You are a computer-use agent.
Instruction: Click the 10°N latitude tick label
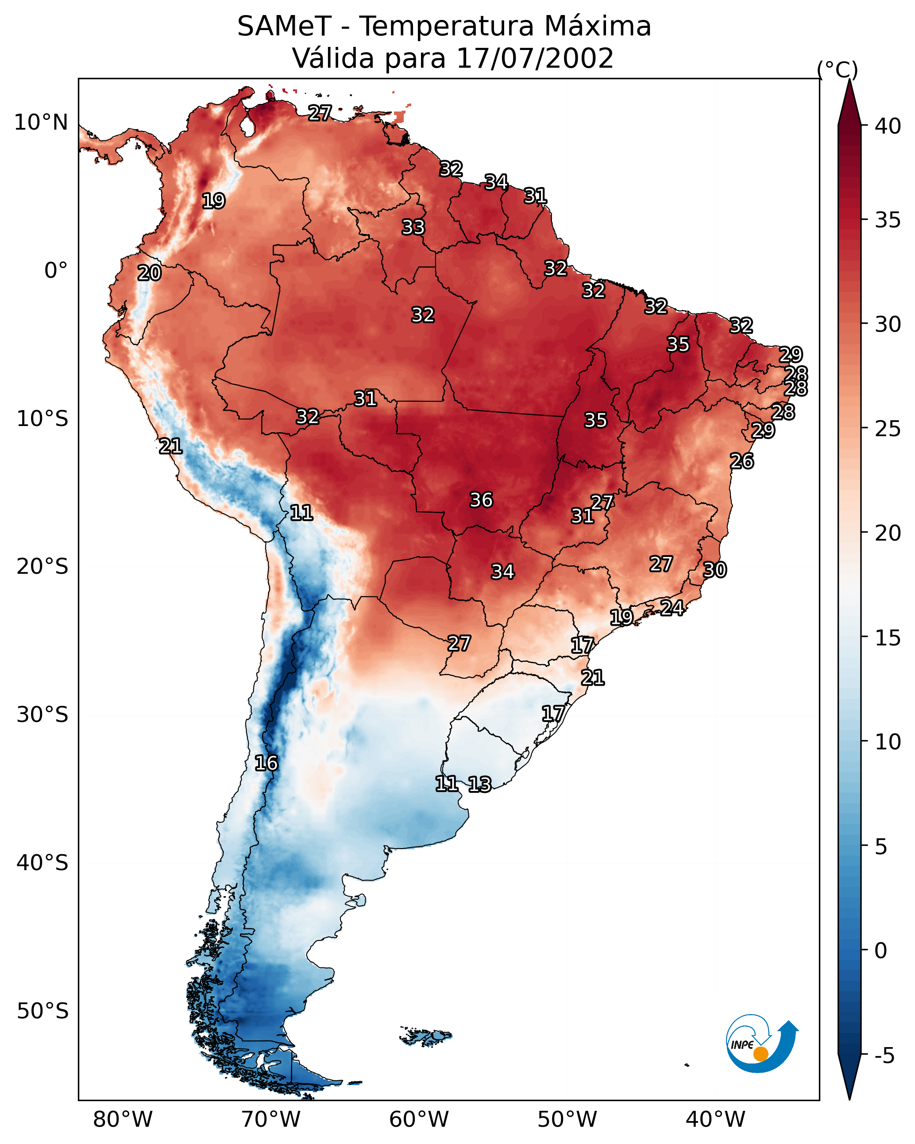tap(41, 123)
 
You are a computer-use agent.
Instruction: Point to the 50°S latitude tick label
tap(42, 1011)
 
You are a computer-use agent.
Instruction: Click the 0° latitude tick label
tap(56, 271)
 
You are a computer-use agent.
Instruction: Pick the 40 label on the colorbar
tap(888, 126)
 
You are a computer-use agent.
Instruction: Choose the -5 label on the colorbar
tap(884, 1056)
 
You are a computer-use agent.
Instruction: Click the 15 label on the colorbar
tap(888, 638)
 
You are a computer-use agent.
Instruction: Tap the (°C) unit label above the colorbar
tap(838, 69)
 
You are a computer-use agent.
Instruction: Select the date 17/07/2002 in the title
tap(535, 58)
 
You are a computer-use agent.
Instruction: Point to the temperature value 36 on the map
tap(481, 500)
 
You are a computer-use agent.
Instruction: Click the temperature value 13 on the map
tap(479, 784)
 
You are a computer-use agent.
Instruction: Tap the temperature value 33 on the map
tap(413, 227)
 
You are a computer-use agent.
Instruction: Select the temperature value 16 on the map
tap(266, 763)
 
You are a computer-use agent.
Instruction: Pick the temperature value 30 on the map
tap(715, 570)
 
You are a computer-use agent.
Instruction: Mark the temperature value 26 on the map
tap(742, 461)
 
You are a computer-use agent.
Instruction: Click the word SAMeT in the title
tap(284, 27)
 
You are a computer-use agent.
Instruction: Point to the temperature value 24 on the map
tap(672, 607)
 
